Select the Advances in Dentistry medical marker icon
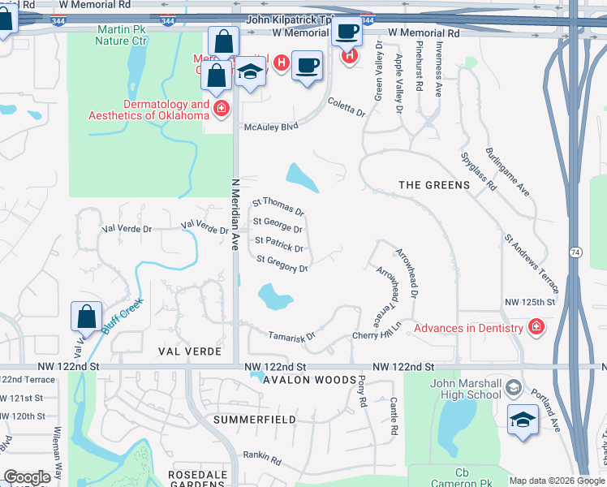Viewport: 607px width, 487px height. coord(536,328)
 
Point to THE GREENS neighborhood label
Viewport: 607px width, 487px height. coord(434,185)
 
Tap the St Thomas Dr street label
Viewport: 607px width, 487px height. coord(278,206)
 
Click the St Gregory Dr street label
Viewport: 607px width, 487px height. coord(282,264)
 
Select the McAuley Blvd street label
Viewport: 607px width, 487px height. coord(272,127)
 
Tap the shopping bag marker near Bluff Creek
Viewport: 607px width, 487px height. coord(86,317)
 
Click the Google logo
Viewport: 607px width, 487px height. coord(26,477)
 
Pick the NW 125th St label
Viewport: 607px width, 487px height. coord(528,302)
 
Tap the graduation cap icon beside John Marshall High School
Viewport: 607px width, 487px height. coord(522,420)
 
